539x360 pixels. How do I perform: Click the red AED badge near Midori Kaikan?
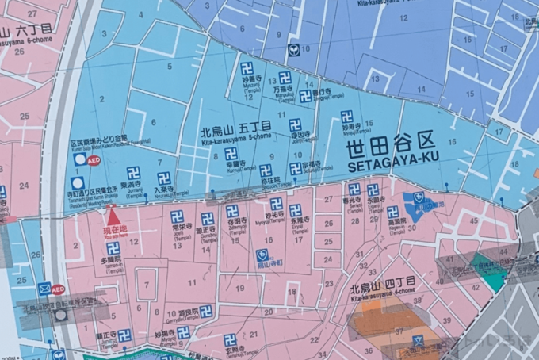94,159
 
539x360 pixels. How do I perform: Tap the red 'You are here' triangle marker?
113,216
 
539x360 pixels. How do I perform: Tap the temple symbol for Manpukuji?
285,78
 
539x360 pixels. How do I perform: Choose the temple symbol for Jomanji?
133,173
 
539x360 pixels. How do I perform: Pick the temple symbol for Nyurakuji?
164,178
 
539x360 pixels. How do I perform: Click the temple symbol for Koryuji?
231,154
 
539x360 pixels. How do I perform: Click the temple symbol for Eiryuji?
296,211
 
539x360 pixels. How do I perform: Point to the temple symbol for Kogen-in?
392,212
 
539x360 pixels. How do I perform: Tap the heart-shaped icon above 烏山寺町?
262,255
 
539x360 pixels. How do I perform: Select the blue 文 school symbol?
418,341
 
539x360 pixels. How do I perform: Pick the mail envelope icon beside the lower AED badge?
44,289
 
